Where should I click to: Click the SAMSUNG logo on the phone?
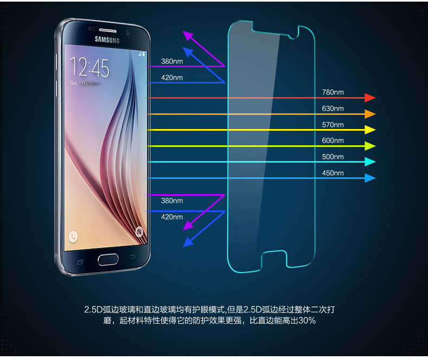[107, 38]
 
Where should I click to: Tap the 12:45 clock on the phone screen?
[89, 68]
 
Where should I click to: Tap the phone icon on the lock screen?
[73, 236]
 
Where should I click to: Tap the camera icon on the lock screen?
[139, 232]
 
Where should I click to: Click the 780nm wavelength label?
[333, 92]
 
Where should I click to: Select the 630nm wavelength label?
[333, 108]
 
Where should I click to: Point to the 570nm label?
[333, 125]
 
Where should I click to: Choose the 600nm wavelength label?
[333, 140]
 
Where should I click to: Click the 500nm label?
[333, 157]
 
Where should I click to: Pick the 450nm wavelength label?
[333, 173]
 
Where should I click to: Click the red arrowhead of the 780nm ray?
[371, 98]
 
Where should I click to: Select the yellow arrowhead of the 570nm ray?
[371, 130]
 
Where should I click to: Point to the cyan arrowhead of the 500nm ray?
[371, 162]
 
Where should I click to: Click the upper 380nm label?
[172, 61]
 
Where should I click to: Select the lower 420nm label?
[172, 217]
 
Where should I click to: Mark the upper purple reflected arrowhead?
[188, 36]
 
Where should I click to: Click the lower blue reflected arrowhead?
[188, 242]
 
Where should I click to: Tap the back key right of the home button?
[133, 256]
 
